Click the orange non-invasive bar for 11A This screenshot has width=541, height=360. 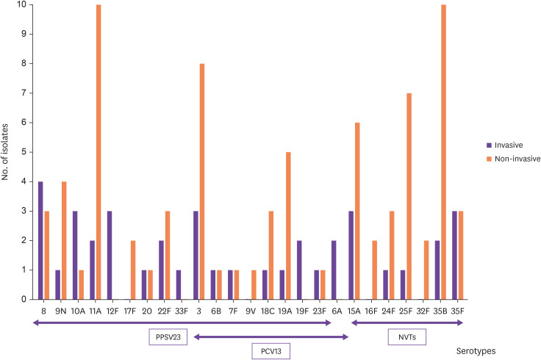(98, 152)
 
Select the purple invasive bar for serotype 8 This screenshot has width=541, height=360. (40, 240)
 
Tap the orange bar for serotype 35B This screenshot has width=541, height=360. (444, 152)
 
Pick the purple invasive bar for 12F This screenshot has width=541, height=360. (110, 255)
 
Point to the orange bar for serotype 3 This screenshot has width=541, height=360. (202, 181)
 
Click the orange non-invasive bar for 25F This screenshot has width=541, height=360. (409, 196)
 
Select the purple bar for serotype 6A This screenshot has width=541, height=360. (334, 270)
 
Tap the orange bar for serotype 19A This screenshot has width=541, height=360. (288, 226)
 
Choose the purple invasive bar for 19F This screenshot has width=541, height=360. (299, 270)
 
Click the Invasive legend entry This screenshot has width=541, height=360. (505, 145)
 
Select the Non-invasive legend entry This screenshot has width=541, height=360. (513, 159)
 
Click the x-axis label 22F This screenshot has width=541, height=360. (164, 311)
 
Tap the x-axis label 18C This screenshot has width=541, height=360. (268, 311)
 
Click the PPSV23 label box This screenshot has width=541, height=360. (168, 337)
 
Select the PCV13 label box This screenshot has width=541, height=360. (270, 351)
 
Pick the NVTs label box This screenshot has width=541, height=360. (407, 337)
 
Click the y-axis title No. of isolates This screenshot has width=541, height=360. (5, 152)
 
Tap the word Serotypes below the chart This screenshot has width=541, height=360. (476, 351)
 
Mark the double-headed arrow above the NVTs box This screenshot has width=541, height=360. (407, 323)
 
